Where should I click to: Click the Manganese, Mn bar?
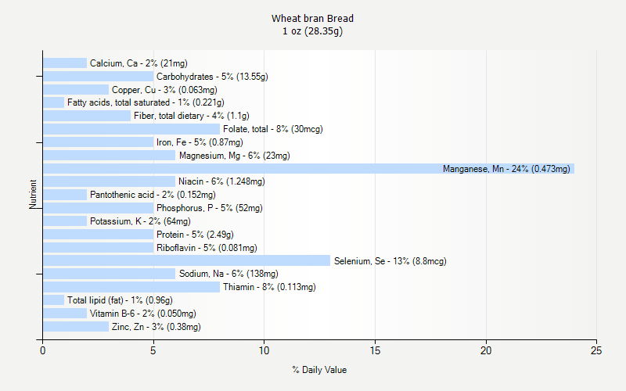click(x=308, y=168)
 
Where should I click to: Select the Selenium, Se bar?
click(x=186, y=260)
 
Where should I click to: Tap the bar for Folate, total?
click(x=131, y=129)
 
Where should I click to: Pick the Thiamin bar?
click(x=131, y=287)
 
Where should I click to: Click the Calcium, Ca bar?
click(x=65, y=63)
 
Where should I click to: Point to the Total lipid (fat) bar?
click(x=53, y=300)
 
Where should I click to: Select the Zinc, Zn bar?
click(x=76, y=326)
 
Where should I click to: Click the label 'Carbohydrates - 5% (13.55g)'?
click(x=212, y=77)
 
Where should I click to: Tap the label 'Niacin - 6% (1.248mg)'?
click(x=221, y=181)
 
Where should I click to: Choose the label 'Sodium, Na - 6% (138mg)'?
click(x=228, y=274)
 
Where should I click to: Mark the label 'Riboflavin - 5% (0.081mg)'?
click(x=207, y=248)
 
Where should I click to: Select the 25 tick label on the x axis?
click(x=597, y=350)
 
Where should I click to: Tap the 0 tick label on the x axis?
click(x=43, y=350)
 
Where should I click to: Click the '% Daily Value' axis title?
click(x=319, y=370)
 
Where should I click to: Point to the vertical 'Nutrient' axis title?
click(x=34, y=195)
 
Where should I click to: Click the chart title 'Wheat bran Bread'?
click(x=313, y=18)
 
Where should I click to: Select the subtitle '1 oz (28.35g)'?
click(x=313, y=31)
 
